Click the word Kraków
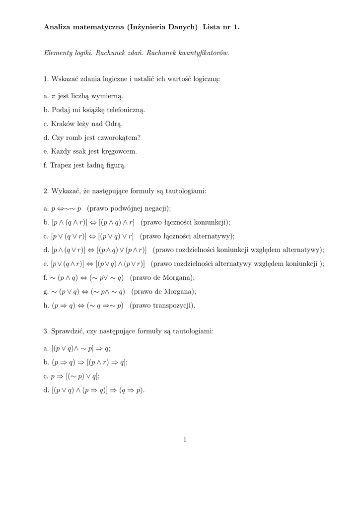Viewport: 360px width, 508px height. (63, 124)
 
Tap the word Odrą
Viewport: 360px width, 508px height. (114, 124)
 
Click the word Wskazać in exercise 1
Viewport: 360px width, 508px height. (65, 78)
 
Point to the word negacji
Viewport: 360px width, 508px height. (157, 208)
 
